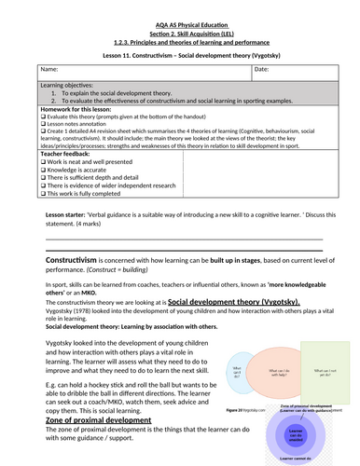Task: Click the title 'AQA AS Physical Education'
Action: pos(180,7)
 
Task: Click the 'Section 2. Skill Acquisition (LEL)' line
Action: pos(180,19)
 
